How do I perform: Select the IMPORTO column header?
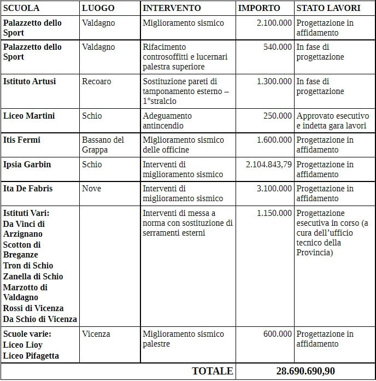pyautogui.click(x=259, y=8)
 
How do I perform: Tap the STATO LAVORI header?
pyautogui.click(x=328, y=8)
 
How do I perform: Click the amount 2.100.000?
pyautogui.click(x=274, y=23)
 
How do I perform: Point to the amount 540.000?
pyautogui.click(x=278, y=47)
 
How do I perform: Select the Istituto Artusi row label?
pyautogui.click(x=30, y=81)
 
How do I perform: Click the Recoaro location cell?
pyautogui.click(x=96, y=81)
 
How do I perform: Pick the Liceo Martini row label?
pyautogui.click(x=28, y=116)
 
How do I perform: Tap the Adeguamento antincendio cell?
pyautogui.click(x=167, y=121)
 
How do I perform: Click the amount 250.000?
pyautogui.click(x=278, y=116)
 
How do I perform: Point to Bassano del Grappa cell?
pyautogui.click(x=103, y=145)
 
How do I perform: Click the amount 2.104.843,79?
pyautogui.click(x=269, y=165)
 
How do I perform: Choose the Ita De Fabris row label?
pyautogui.click(x=28, y=189)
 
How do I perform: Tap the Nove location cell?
pyautogui.click(x=91, y=189)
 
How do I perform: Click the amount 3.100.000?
pyautogui.click(x=274, y=189)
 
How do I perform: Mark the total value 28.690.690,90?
pyautogui.click(x=305, y=371)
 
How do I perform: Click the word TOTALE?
pyautogui.click(x=212, y=371)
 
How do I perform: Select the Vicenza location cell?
pyautogui.click(x=96, y=334)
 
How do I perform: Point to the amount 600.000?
pyautogui.click(x=278, y=334)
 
